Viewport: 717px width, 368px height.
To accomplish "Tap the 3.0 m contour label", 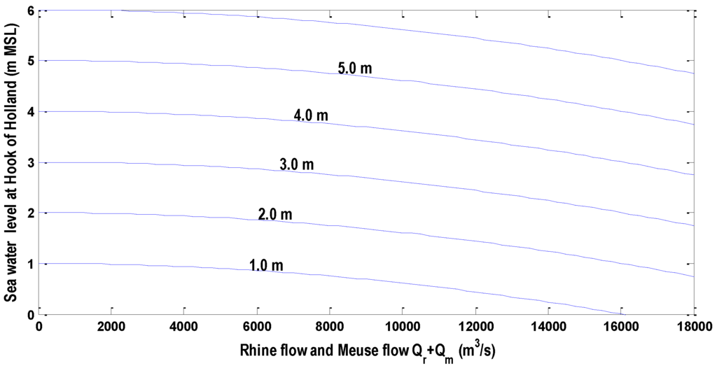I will pos(297,165).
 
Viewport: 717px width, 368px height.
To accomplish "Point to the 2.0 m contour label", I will pos(274,214).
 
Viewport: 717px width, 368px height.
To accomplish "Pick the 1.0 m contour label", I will pos(266,265).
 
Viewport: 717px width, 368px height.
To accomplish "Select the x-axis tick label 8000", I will pos(330,327).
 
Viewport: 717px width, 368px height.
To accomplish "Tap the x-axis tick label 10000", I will pos(402,327).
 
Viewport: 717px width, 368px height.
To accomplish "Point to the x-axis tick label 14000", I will pos(548,327).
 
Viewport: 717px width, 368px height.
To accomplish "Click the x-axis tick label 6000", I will pos(257,327).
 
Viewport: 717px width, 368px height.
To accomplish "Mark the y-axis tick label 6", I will pos(31,11).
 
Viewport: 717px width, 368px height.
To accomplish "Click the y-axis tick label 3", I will pos(31,163).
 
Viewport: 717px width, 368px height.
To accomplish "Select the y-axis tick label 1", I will pos(31,264).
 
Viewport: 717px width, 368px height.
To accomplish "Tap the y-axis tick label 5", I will pos(31,62).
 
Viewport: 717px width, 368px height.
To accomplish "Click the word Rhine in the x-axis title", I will pos(256,348).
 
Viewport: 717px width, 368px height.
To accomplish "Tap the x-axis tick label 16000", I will pos(620,327).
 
